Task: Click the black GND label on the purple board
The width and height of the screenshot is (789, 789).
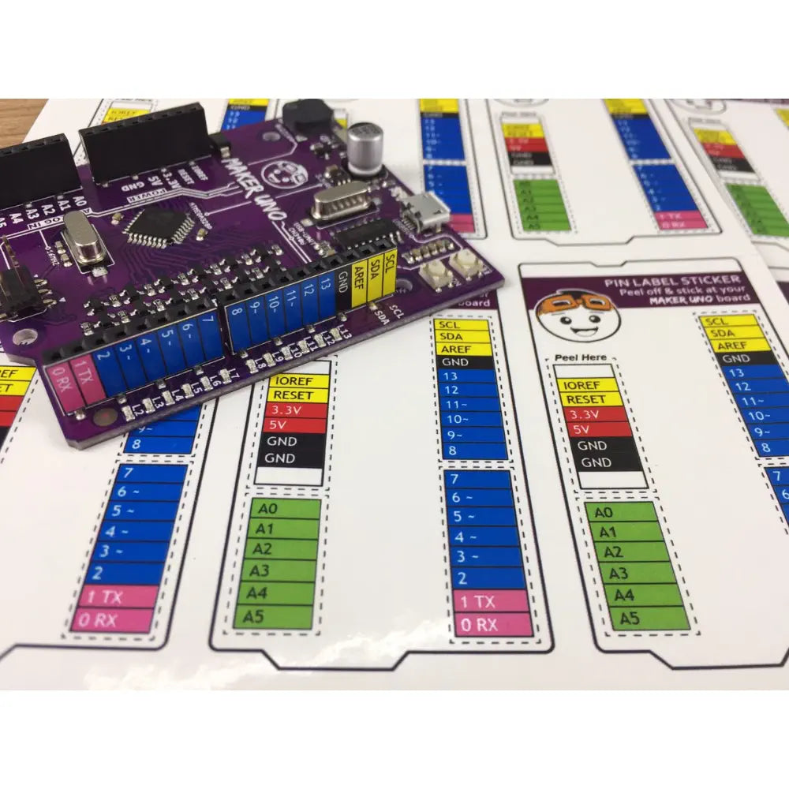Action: point(342,288)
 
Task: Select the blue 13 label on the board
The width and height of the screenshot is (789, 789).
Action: point(326,294)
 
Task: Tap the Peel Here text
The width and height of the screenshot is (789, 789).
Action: point(581,358)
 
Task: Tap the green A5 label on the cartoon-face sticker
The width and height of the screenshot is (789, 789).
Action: point(630,618)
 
